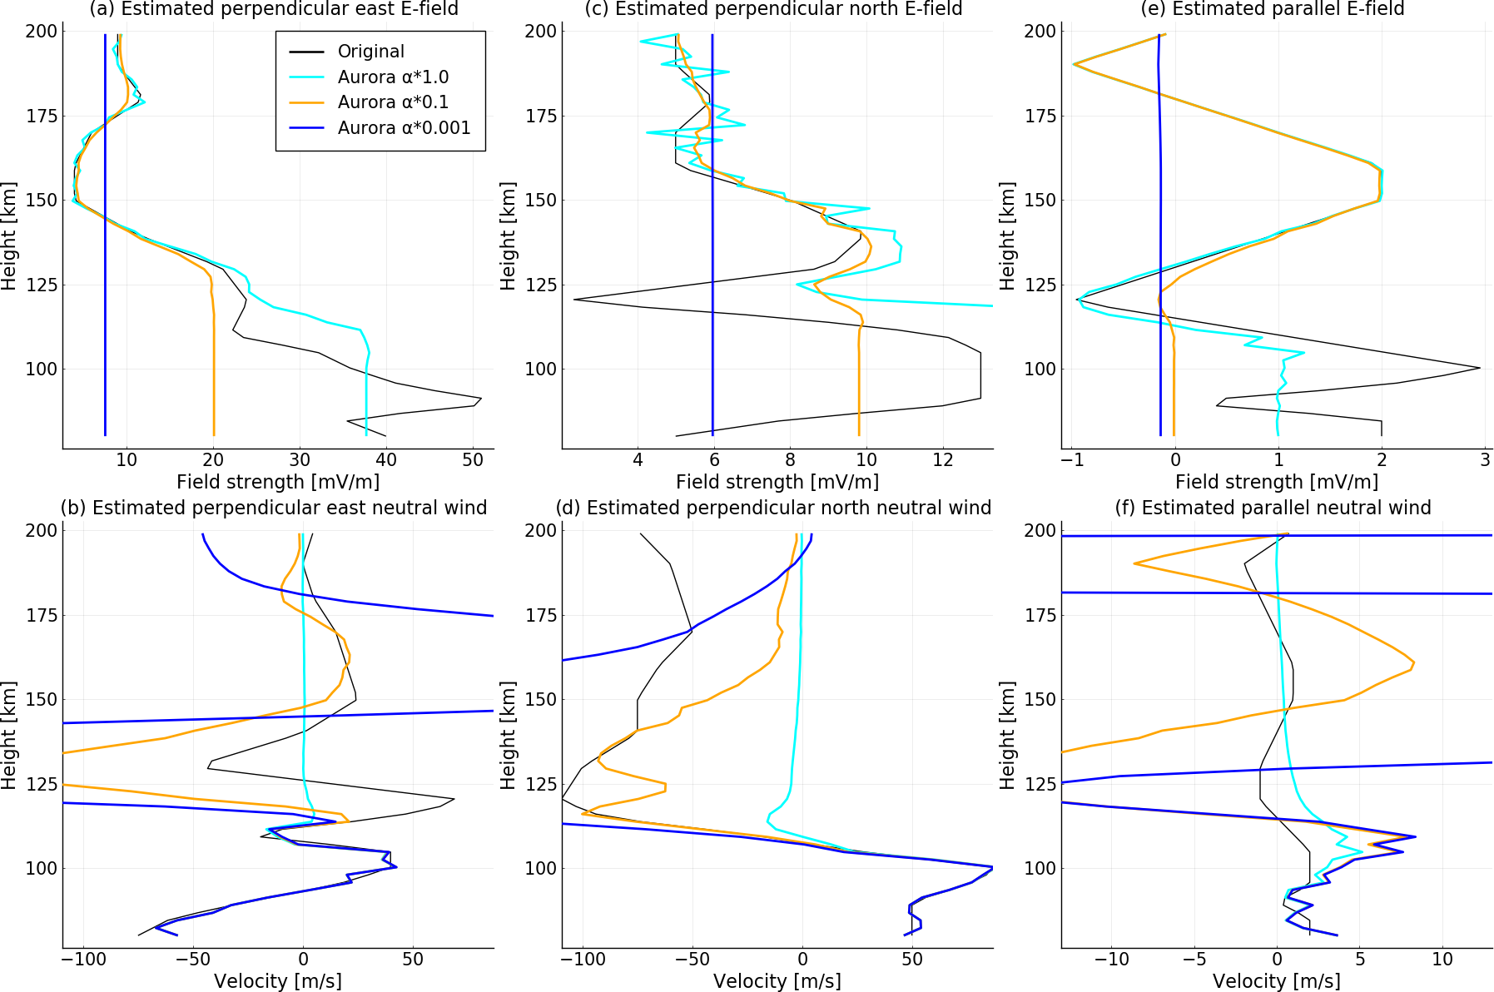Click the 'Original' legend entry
click(370, 52)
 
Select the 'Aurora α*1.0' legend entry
click(393, 77)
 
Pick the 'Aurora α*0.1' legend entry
click(393, 102)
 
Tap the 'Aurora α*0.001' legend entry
click(404, 128)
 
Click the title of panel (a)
click(274, 9)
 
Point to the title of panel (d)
click(773, 508)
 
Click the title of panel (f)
click(1273, 508)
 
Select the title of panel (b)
click(274, 508)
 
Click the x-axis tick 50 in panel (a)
click(473, 460)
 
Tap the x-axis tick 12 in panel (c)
click(943, 460)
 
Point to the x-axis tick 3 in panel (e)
click(1485, 460)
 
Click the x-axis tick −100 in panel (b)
click(84, 959)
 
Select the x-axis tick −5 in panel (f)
click(1195, 959)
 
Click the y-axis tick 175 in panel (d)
click(537, 615)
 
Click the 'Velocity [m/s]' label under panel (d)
click(777, 981)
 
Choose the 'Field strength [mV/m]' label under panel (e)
click(1277, 482)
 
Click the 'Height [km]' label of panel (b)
click(9, 736)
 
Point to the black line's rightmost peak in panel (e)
click(1480, 368)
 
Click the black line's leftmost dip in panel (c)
click(573, 300)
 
